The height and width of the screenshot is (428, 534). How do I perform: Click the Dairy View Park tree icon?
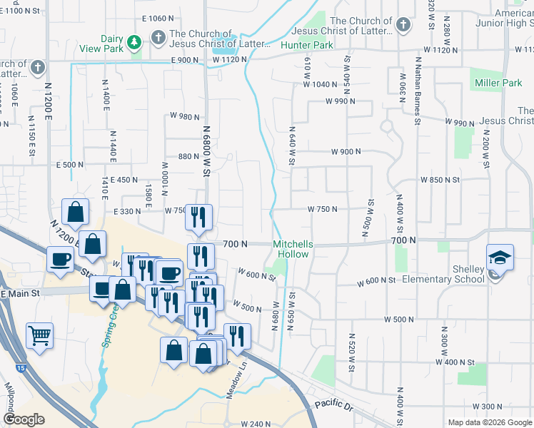click(x=133, y=44)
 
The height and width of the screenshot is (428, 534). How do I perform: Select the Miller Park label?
click(x=498, y=83)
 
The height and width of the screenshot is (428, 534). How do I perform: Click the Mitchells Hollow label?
click(x=293, y=248)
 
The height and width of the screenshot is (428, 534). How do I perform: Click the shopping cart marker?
click(x=40, y=335)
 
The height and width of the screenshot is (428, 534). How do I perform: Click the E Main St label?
click(x=22, y=293)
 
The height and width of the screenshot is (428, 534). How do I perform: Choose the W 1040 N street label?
click(x=320, y=84)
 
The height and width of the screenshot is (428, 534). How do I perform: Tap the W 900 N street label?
click(x=346, y=152)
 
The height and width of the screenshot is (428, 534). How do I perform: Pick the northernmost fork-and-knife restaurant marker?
click(x=198, y=215)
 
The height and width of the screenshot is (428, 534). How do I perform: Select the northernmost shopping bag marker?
click(x=75, y=211)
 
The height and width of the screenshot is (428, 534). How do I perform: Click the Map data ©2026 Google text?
click(x=489, y=422)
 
